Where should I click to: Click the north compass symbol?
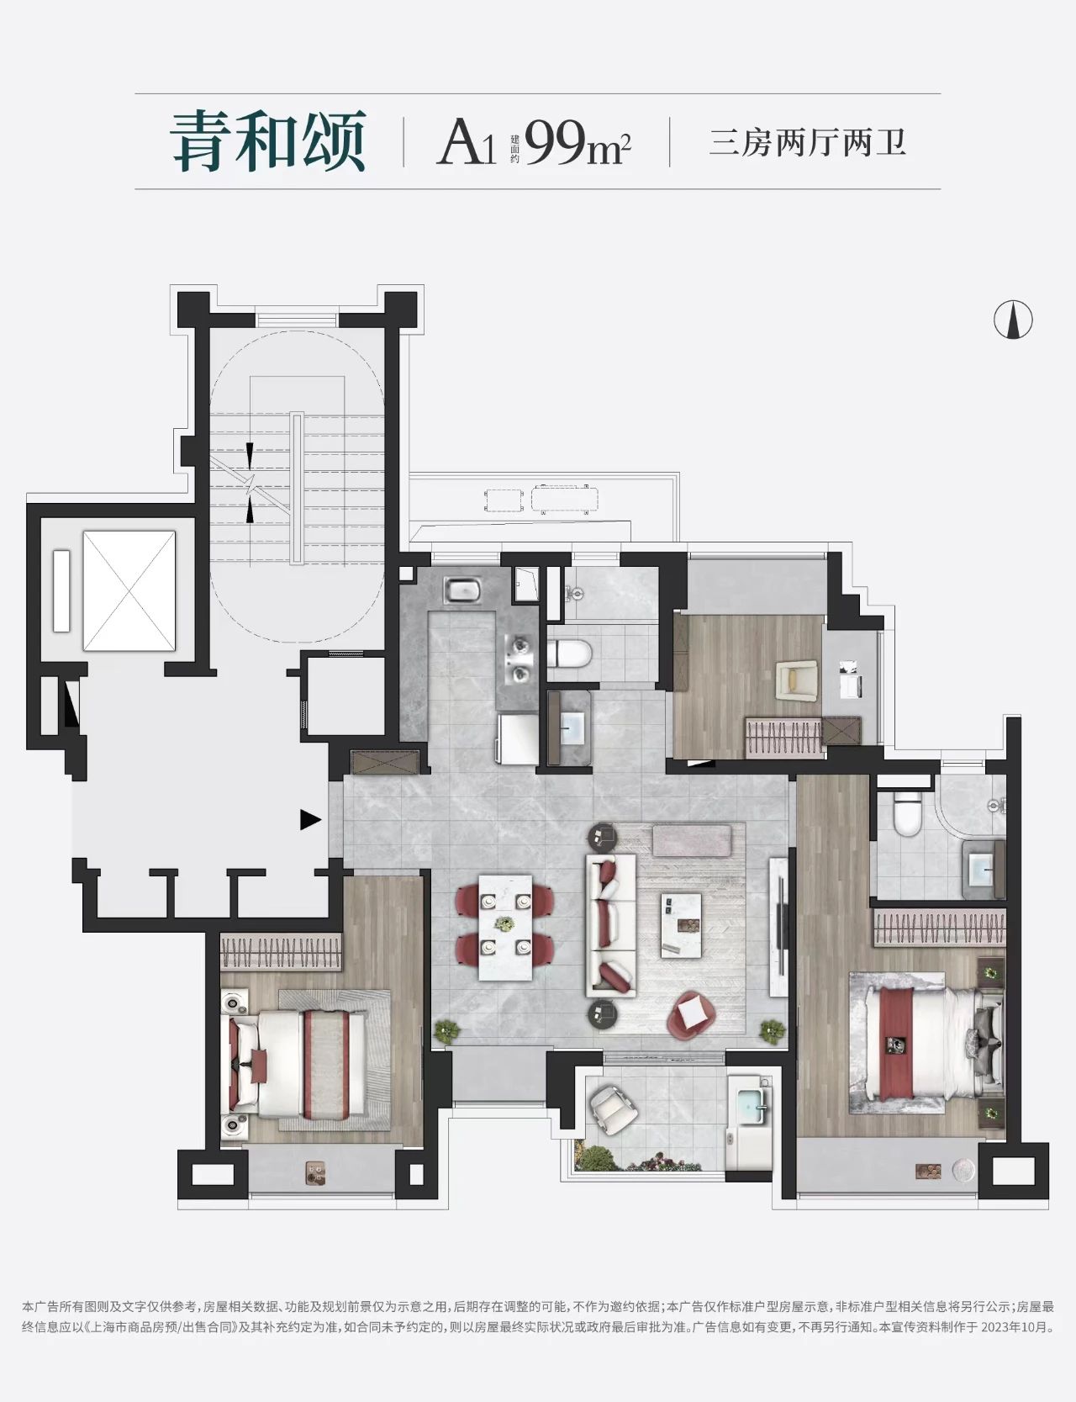coord(1013,320)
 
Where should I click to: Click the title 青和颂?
coord(268,140)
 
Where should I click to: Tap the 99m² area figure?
coord(578,143)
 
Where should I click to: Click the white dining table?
coord(505,926)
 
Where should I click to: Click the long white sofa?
coord(610,925)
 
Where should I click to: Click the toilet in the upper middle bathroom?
coord(569,653)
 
